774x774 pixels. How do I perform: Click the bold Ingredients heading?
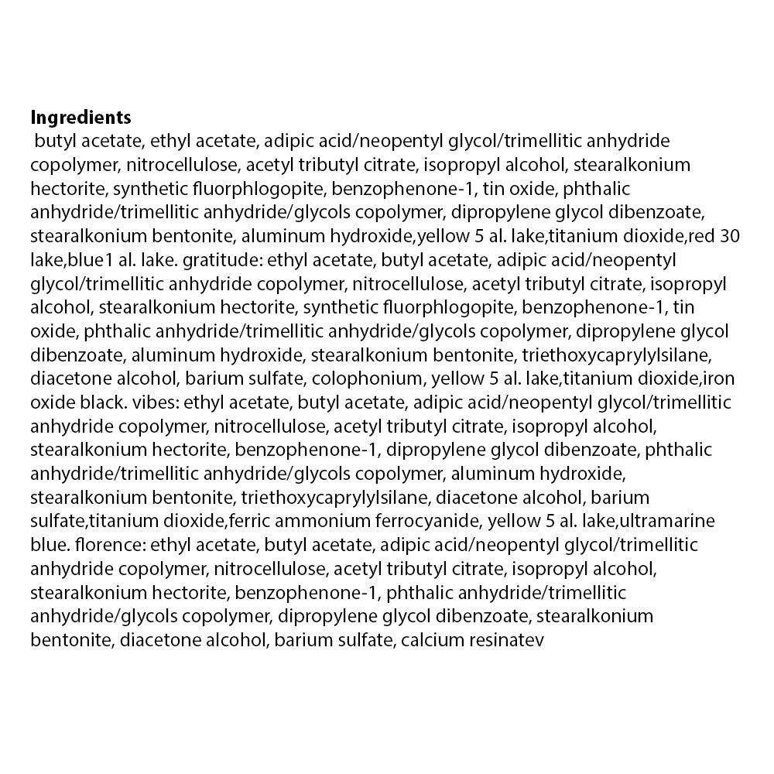[80, 118]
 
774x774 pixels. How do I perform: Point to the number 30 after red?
[729, 237]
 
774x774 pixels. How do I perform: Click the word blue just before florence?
[46, 545]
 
